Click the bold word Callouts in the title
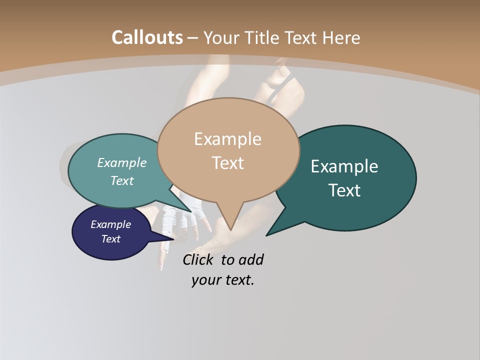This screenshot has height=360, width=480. click(x=147, y=37)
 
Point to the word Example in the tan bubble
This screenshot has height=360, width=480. click(x=227, y=139)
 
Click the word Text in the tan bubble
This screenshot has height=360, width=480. click(x=228, y=163)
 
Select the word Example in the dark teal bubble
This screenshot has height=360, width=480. click(x=344, y=166)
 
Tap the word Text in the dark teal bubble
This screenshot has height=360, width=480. click(x=344, y=190)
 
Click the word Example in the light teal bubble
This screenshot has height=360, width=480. click(x=122, y=163)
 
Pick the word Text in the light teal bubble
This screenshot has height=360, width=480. click(x=122, y=181)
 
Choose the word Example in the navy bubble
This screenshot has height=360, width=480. click(x=111, y=224)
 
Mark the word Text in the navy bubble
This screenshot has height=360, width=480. click(x=111, y=239)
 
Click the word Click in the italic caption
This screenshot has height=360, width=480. click(x=198, y=260)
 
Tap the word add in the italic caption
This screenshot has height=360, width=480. click(x=251, y=260)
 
